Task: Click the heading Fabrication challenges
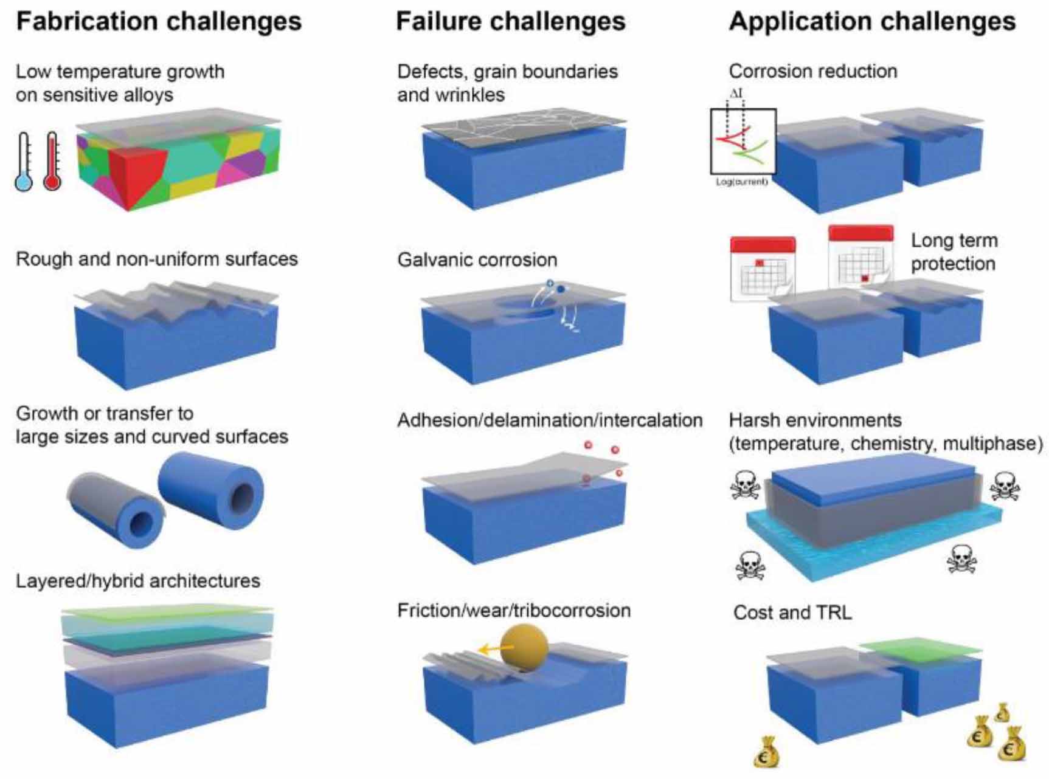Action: [159, 21]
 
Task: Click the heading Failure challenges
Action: [510, 21]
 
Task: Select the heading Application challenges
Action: [872, 21]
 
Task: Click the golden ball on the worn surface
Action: [524, 648]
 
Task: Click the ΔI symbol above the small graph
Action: [736, 94]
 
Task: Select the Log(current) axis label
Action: [742, 182]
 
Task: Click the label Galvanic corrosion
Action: [477, 260]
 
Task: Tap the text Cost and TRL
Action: [792, 613]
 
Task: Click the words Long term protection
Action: [954, 252]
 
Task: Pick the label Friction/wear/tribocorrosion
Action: [514, 610]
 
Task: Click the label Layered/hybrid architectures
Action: [138, 581]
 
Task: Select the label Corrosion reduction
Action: [813, 71]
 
